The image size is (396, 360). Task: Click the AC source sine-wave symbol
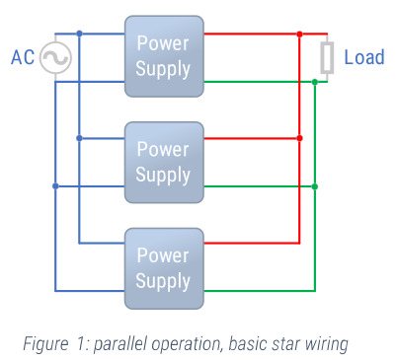click(x=54, y=58)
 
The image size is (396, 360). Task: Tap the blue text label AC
click(x=22, y=58)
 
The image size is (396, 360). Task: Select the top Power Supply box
click(x=163, y=57)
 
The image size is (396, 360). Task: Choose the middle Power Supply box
click(x=163, y=163)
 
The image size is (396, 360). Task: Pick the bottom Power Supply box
click(x=163, y=268)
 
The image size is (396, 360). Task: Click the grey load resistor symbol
click(x=327, y=58)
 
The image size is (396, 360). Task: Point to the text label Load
click(x=363, y=58)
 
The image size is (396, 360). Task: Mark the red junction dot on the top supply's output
click(x=299, y=34)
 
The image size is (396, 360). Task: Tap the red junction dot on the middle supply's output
click(x=299, y=139)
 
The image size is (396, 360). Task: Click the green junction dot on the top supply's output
click(x=314, y=82)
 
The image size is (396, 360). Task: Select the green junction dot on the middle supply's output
click(x=314, y=185)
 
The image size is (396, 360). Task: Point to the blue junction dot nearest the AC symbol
click(x=79, y=34)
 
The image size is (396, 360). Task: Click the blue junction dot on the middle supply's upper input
click(x=79, y=139)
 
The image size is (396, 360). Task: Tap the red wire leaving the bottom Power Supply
click(x=252, y=243)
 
